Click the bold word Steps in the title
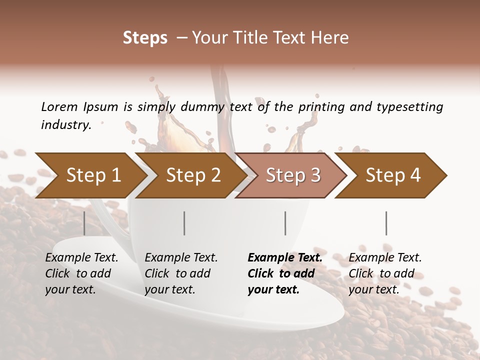145,37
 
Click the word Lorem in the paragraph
59,106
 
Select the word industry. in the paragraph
66,125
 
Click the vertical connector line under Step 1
84,223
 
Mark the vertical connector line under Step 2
184,223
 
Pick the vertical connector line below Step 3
285,223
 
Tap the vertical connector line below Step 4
386,223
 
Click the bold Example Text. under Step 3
285,257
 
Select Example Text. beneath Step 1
81,257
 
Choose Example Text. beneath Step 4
385,257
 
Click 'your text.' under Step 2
169,289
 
